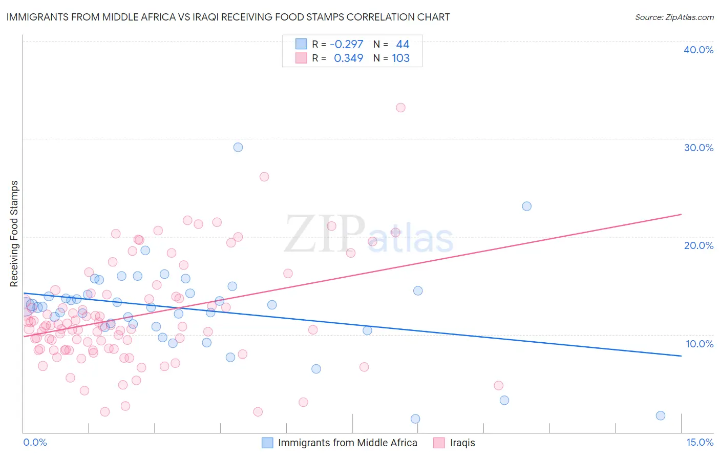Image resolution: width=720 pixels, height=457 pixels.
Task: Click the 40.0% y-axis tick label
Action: pos(698,50)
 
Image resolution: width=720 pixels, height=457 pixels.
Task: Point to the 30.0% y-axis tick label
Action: pos(698,148)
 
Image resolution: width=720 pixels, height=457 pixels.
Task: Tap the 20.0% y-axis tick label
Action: pos(698,245)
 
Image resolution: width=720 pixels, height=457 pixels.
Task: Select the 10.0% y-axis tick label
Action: pos(699,344)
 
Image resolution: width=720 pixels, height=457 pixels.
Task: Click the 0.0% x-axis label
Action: pos(35,442)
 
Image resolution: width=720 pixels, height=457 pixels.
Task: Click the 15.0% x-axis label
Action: pos(699,442)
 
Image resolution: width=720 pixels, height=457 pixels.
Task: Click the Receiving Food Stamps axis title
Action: pos(14,234)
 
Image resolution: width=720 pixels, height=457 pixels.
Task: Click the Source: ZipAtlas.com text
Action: pos(674,17)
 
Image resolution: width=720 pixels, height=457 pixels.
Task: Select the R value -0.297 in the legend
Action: pos(347,45)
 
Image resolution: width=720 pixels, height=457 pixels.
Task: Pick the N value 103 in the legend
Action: pos(400,58)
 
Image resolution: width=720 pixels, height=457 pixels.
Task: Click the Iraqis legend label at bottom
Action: pos(462,443)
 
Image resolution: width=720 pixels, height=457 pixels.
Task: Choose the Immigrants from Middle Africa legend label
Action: pos(347,443)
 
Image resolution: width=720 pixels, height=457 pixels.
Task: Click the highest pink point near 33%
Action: pos(400,108)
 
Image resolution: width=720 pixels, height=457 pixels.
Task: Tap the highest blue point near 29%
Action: pos(238,147)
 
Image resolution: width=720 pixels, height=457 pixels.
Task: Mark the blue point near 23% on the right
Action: pos(526,206)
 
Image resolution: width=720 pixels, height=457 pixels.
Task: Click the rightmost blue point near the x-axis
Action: pos(660,416)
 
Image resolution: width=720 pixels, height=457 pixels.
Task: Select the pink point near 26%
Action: pos(264,177)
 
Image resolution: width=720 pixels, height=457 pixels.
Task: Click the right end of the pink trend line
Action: pos(681,214)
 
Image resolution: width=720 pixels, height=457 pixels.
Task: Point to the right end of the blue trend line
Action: pos(681,356)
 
